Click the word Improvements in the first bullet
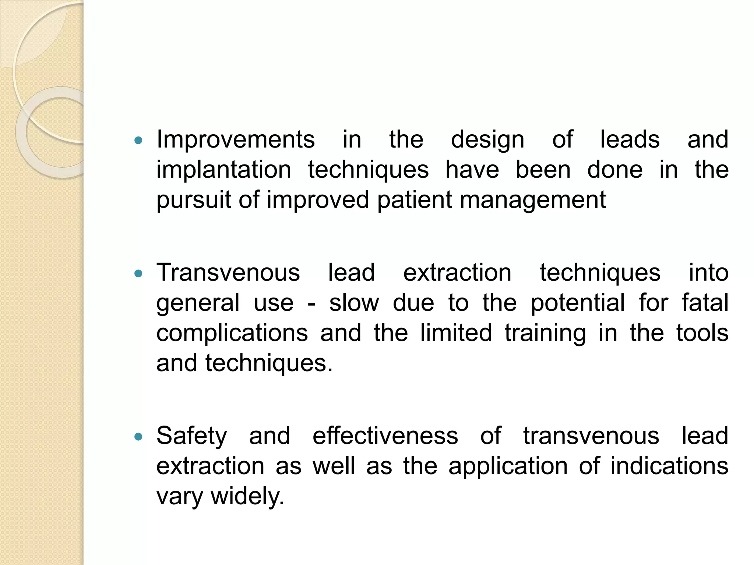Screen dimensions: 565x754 point(236,140)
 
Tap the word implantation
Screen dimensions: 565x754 point(224,170)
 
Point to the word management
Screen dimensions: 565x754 point(532,200)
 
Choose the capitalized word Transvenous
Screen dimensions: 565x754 point(228,273)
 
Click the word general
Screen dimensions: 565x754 point(198,303)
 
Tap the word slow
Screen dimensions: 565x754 point(354,303)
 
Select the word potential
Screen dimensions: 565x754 point(578,303)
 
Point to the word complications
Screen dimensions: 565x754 point(232,333)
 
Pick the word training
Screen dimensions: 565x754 point(545,333)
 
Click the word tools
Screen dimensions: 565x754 point(702,333)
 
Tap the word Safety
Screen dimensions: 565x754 point(192,436)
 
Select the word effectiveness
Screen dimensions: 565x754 point(385,436)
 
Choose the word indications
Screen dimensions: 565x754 point(669,466)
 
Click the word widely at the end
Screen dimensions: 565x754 point(247,497)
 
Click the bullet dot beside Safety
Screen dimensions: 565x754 point(138,437)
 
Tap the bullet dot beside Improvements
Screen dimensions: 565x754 point(138,140)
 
